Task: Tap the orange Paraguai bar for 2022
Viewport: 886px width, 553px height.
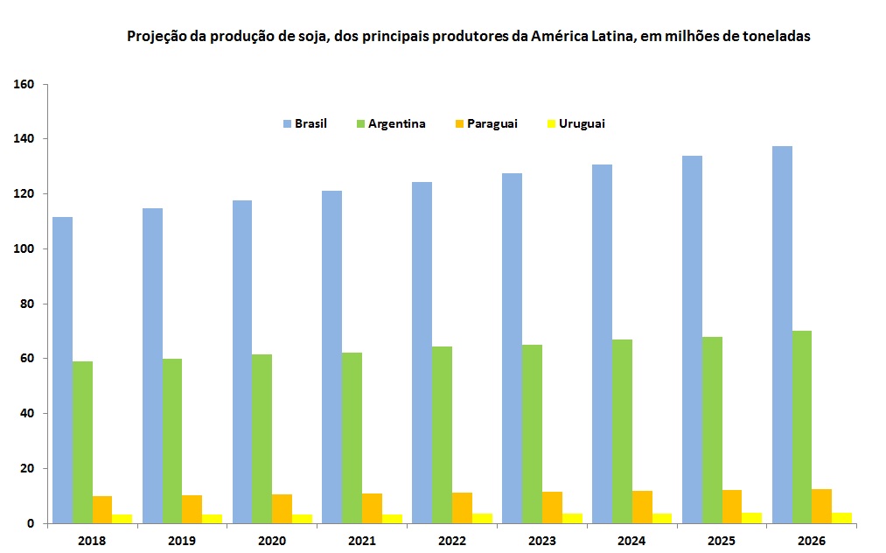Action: point(463,508)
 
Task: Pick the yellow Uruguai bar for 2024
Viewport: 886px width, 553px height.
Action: point(662,518)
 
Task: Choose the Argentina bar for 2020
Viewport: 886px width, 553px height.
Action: point(262,438)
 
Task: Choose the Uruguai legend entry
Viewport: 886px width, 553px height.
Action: point(582,124)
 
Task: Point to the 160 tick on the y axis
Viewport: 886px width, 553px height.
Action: point(24,85)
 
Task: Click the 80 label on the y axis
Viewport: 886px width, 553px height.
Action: point(26,304)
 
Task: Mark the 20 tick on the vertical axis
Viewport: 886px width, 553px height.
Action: point(26,468)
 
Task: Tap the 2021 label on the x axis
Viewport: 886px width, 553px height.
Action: point(362,540)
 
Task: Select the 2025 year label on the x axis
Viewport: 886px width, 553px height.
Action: point(722,540)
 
